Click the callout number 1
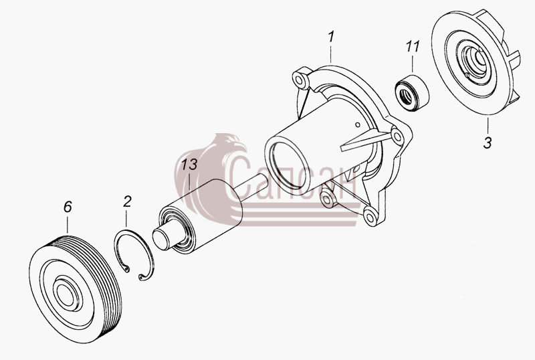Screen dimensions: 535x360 point(331,37)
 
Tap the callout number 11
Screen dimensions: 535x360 point(413,46)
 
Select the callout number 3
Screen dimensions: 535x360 point(488,143)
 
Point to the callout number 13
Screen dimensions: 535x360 point(189,165)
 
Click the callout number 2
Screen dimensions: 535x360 point(127,201)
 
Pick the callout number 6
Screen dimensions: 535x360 point(68,207)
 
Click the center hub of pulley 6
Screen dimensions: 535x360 point(68,294)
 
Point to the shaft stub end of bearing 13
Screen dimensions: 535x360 point(163,238)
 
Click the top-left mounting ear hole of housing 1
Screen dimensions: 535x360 point(299,80)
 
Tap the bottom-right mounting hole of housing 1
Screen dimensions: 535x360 point(370,216)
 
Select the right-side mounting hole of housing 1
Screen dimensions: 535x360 point(397,137)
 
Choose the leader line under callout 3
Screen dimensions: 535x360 point(488,126)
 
